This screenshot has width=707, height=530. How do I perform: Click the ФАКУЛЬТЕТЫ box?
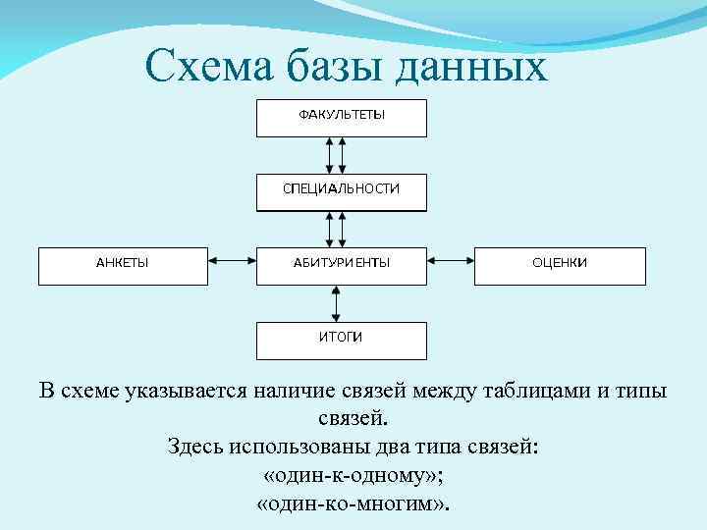point(342,117)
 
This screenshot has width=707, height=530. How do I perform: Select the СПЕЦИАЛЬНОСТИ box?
point(342,191)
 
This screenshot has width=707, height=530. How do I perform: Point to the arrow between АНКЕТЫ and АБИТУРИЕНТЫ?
point(232,262)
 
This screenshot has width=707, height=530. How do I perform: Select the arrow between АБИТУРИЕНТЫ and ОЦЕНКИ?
point(451,262)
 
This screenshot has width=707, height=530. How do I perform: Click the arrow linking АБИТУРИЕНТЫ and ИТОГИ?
point(336,303)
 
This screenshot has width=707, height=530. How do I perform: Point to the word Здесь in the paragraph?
point(195,447)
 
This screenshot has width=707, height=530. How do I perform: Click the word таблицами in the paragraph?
point(536,391)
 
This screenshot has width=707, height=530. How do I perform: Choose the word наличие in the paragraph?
point(299,391)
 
